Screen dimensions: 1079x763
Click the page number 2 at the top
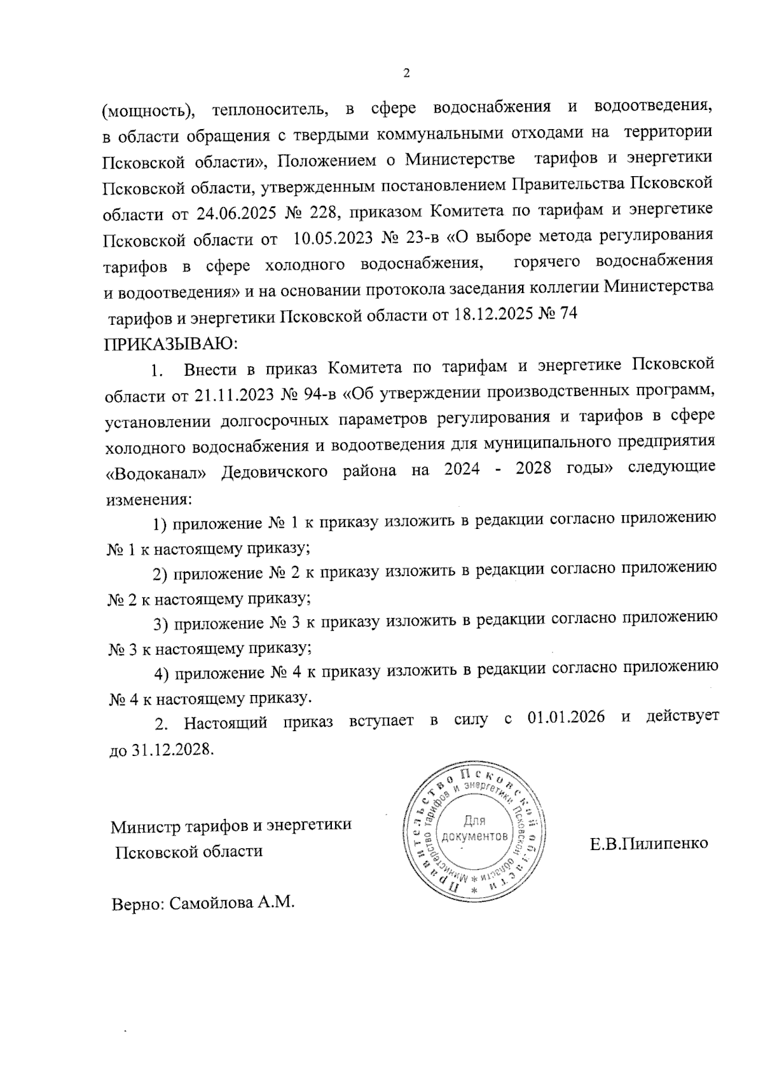(x=406, y=73)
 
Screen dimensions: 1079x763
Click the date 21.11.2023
(x=232, y=395)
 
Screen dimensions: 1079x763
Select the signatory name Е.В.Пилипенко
(x=649, y=844)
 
